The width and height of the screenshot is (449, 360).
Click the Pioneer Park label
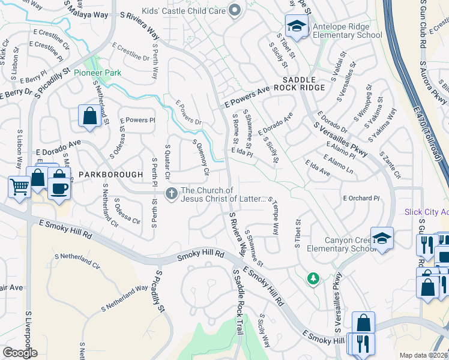tap(98, 73)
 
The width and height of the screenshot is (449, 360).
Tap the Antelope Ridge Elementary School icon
tap(296, 26)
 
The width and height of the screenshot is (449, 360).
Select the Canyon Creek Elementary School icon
tap(382, 239)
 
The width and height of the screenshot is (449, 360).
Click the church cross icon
tap(171, 193)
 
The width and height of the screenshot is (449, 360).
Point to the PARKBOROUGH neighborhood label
tap(111, 175)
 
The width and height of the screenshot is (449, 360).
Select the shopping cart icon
tap(19, 187)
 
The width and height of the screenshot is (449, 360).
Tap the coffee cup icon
tap(59, 188)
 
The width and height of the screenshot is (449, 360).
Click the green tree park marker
tap(313, 278)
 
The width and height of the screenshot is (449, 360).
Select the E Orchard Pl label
tap(361, 198)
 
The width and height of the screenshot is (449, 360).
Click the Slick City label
tap(426, 212)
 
